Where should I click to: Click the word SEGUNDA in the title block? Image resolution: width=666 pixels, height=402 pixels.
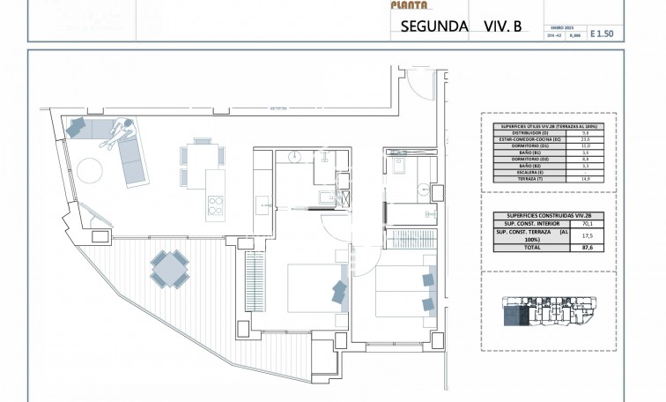pos(434,26)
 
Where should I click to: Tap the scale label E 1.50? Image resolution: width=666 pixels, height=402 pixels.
pos(600,33)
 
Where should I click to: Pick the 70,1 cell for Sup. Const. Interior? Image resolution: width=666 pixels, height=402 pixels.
pos(586,224)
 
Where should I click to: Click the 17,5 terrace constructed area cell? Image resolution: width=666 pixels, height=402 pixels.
pos(586,236)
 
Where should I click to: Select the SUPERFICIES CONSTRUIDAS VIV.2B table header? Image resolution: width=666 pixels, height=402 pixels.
pos(540,216)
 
